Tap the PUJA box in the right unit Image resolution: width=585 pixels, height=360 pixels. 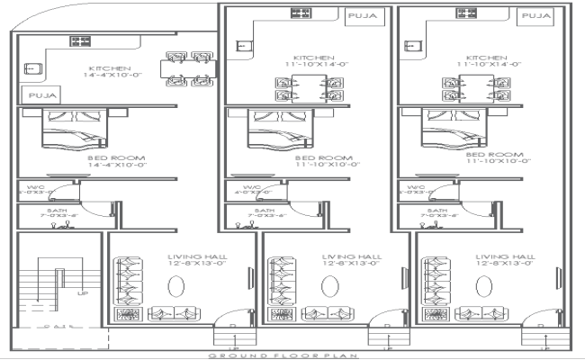point(537,15)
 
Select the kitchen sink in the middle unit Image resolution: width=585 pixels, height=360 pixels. point(242,47)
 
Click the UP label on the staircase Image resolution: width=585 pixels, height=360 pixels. point(82,292)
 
